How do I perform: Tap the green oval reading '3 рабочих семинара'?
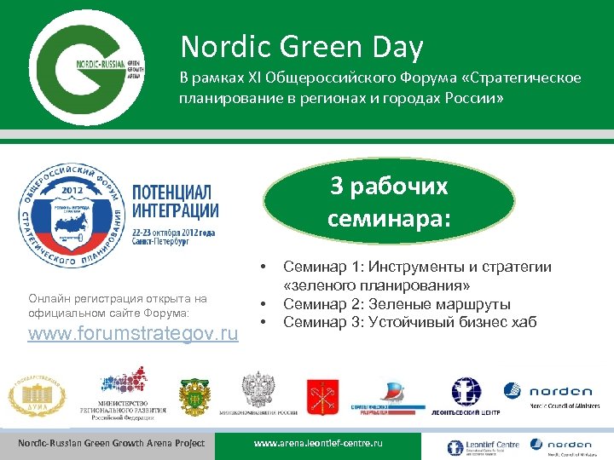[x=388, y=202]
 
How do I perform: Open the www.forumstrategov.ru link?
[x=134, y=333]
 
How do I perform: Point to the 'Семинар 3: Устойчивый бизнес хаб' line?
[x=416, y=322]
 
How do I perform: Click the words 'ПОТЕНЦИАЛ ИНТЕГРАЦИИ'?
[x=175, y=199]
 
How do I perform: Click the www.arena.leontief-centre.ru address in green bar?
[x=319, y=444]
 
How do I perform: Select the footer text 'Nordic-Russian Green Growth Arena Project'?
[x=112, y=443]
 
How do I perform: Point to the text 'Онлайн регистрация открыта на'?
[x=117, y=299]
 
